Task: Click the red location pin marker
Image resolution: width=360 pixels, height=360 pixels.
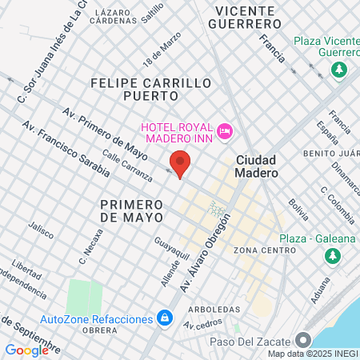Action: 181,162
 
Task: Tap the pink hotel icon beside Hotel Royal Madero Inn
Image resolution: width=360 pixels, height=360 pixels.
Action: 225,129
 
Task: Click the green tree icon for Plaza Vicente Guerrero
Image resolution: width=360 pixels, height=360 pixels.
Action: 340,70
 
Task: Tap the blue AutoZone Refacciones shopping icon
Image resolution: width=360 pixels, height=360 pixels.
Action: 164,318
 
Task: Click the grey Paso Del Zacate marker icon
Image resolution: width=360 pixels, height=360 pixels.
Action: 302,339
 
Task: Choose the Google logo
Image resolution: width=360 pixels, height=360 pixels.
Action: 26,350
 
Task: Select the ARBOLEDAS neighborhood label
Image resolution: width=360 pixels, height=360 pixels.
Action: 214,308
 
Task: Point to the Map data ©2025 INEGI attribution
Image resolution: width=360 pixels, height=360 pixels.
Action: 312,354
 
